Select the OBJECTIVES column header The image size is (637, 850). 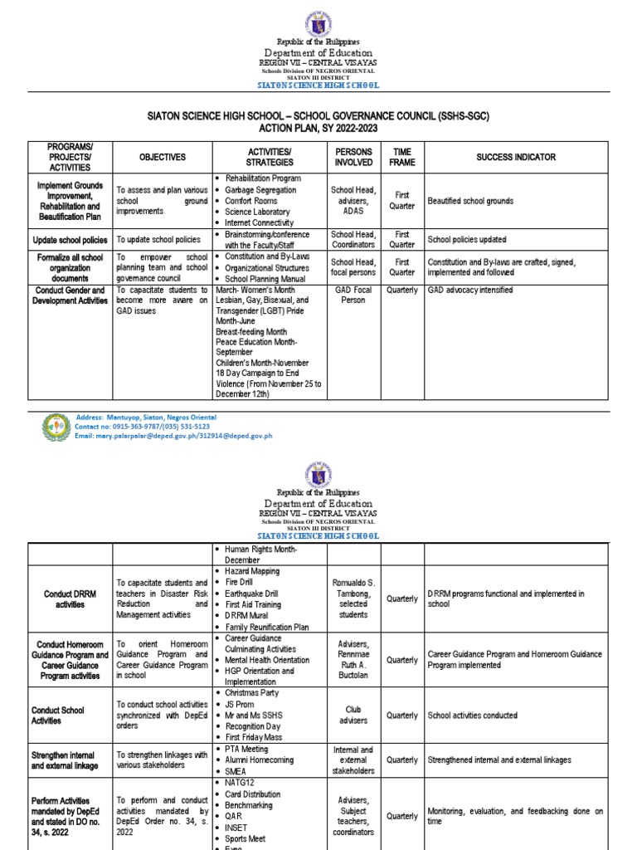[x=162, y=157]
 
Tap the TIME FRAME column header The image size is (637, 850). [x=402, y=157]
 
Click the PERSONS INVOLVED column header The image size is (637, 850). [x=353, y=157]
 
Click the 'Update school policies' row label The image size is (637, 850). [x=70, y=240]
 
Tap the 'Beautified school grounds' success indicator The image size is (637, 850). [x=470, y=201]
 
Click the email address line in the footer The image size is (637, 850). [x=173, y=436]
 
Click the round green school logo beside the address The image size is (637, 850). [x=56, y=427]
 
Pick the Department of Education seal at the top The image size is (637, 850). [x=318, y=24]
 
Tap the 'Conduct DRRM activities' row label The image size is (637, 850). [x=70, y=598]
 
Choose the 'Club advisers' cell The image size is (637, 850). [x=353, y=715]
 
